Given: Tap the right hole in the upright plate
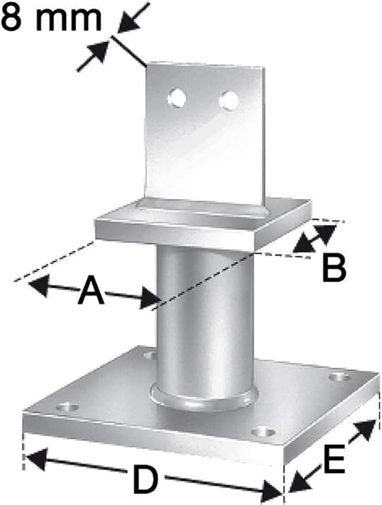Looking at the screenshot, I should pyautogui.click(x=229, y=100).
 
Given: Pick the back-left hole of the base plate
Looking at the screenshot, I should pyautogui.click(x=150, y=355).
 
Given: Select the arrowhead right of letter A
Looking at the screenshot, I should pyautogui.click(x=150, y=298).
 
